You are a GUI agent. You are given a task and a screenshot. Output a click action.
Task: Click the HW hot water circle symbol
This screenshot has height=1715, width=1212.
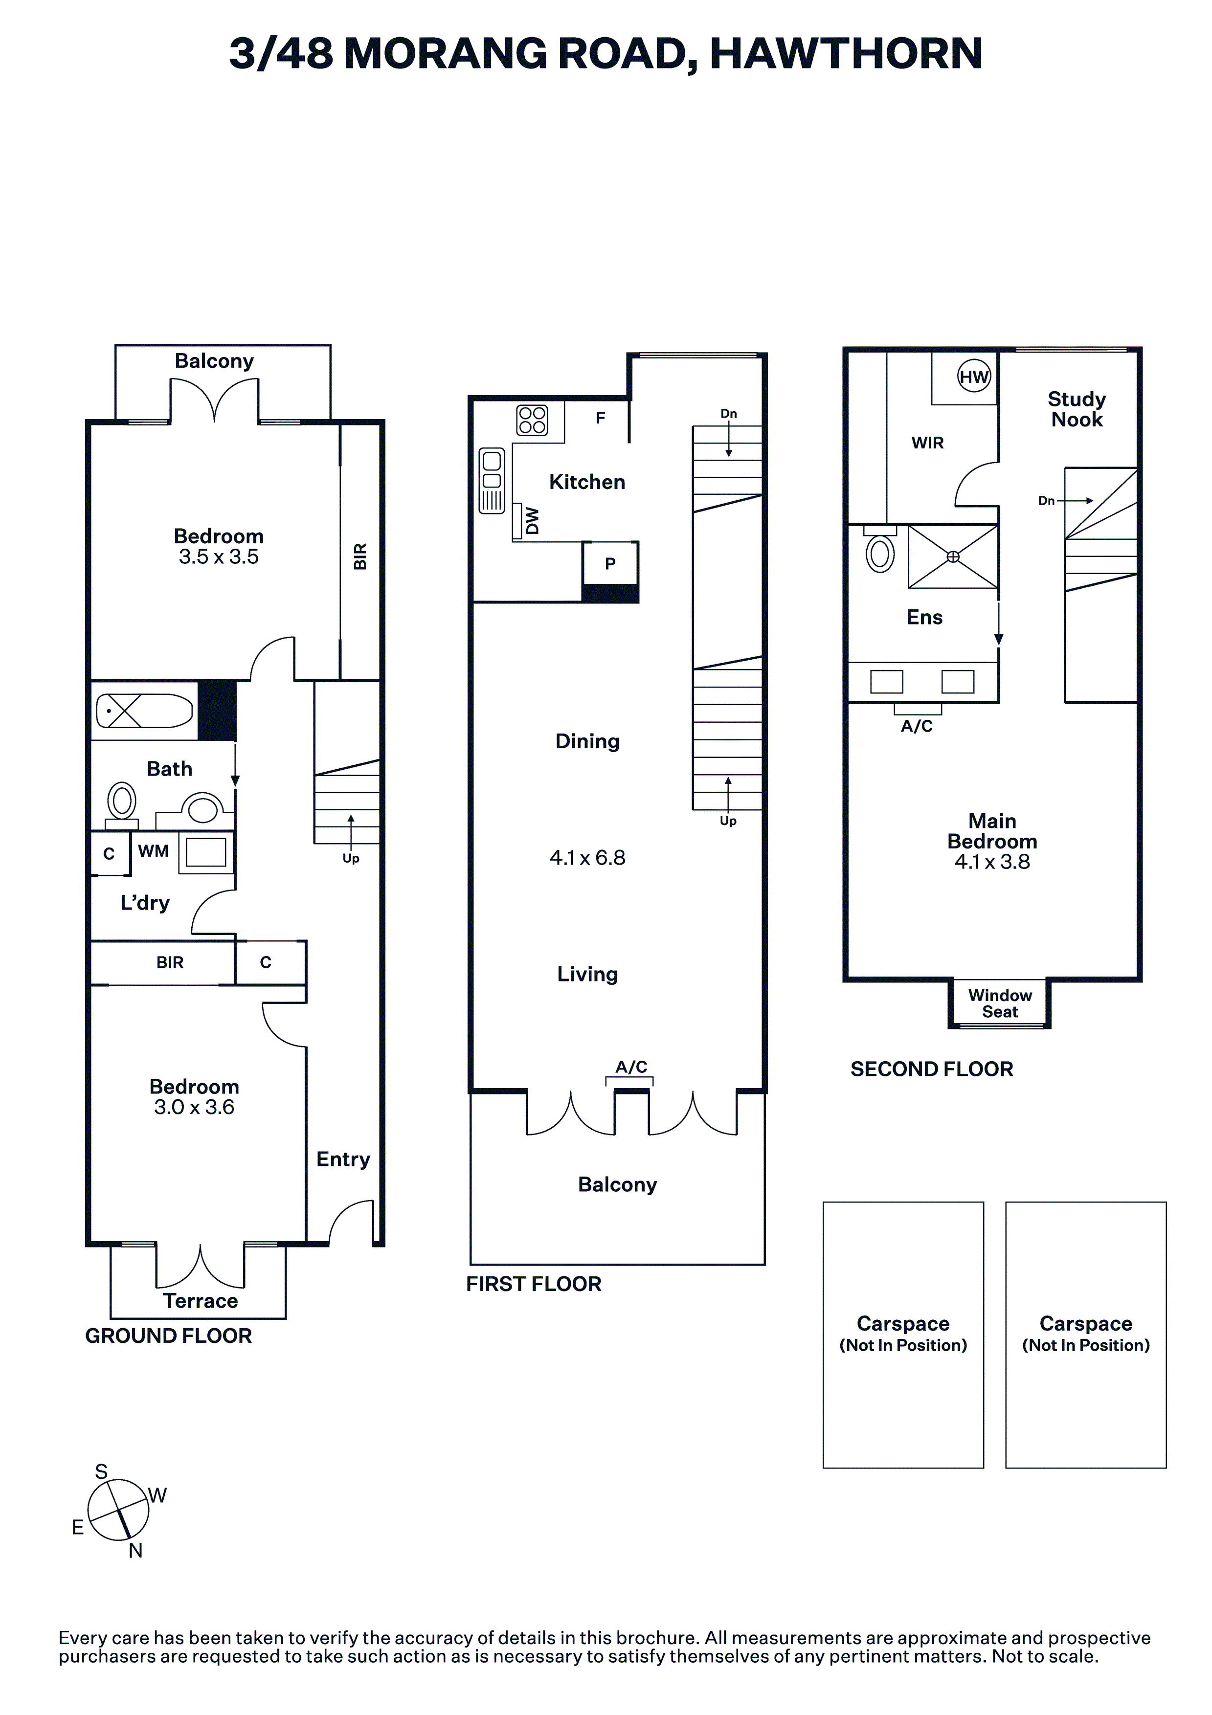[x=974, y=377]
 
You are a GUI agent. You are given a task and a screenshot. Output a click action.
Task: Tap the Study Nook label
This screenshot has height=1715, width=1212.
[x=1076, y=409]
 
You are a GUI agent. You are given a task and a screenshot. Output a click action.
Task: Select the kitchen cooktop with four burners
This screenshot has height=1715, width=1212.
[x=532, y=420]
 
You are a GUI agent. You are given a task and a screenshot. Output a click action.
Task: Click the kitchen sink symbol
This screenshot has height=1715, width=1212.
[x=492, y=480]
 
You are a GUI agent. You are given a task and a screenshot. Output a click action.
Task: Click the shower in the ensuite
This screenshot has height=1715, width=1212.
[x=953, y=557]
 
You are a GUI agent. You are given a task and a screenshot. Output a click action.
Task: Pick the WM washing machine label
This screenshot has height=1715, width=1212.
[x=153, y=851]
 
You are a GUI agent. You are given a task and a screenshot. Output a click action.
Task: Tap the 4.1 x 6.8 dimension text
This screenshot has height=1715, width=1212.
[x=587, y=858]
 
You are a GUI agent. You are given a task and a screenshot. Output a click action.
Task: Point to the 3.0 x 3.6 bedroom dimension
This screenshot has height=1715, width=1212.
[x=194, y=1107]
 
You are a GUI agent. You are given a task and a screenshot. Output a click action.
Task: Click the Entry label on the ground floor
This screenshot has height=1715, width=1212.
[x=343, y=1159]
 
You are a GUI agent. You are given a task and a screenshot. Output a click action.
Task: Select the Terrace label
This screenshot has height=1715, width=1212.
[x=200, y=1301]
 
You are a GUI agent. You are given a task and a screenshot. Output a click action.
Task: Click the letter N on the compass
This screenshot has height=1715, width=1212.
[x=135, y=1551]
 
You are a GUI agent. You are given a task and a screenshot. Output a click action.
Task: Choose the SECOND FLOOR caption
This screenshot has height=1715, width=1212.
[x=932, y=1069]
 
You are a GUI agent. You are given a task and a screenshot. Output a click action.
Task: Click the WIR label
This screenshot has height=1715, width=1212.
[x=927, y=443]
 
